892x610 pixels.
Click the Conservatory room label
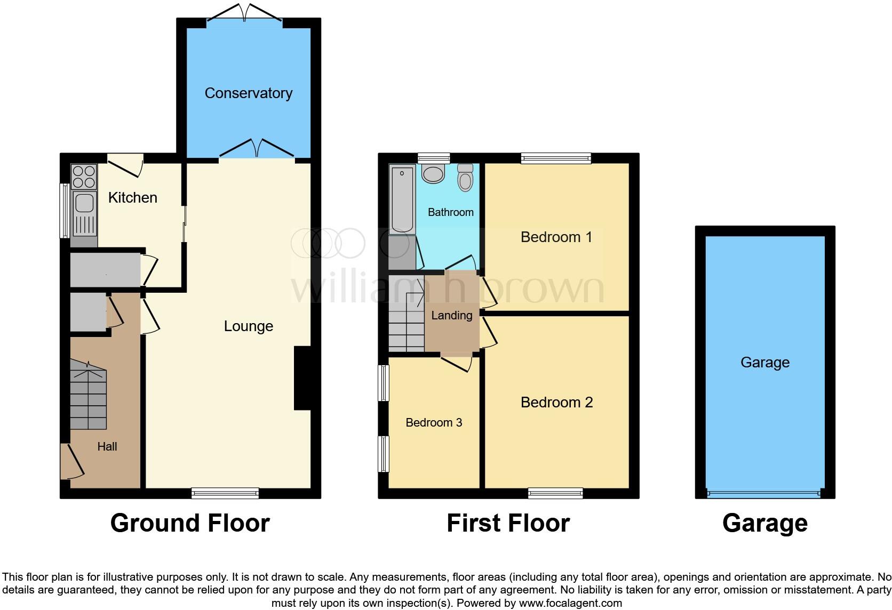tap(248, 93)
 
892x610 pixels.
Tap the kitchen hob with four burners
tap(84, 177)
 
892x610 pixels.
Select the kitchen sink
tap(84, 203)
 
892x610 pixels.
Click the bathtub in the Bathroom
tap(402, 199)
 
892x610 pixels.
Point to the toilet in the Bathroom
tap(465, 177)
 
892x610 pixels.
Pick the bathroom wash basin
tap(433, 174)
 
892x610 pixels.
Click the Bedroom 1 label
tap(556, 237)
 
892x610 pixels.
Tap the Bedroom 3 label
tap(433, 423)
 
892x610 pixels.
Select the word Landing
tap(451, 316)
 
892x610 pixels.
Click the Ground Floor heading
tap(190, 523)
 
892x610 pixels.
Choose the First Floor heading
tap(508, 523)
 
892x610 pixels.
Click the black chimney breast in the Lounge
tap(302, 378)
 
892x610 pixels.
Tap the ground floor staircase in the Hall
tap(89, 395)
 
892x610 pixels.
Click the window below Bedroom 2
tap(555, 493)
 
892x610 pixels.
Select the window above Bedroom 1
tap(556, 158)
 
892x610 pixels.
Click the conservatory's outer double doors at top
tap(245, 13)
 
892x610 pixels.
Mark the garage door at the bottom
tap(764, 494)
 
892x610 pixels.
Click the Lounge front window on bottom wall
tap(225, 493)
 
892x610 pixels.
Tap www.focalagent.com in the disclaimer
tap(570, 604)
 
